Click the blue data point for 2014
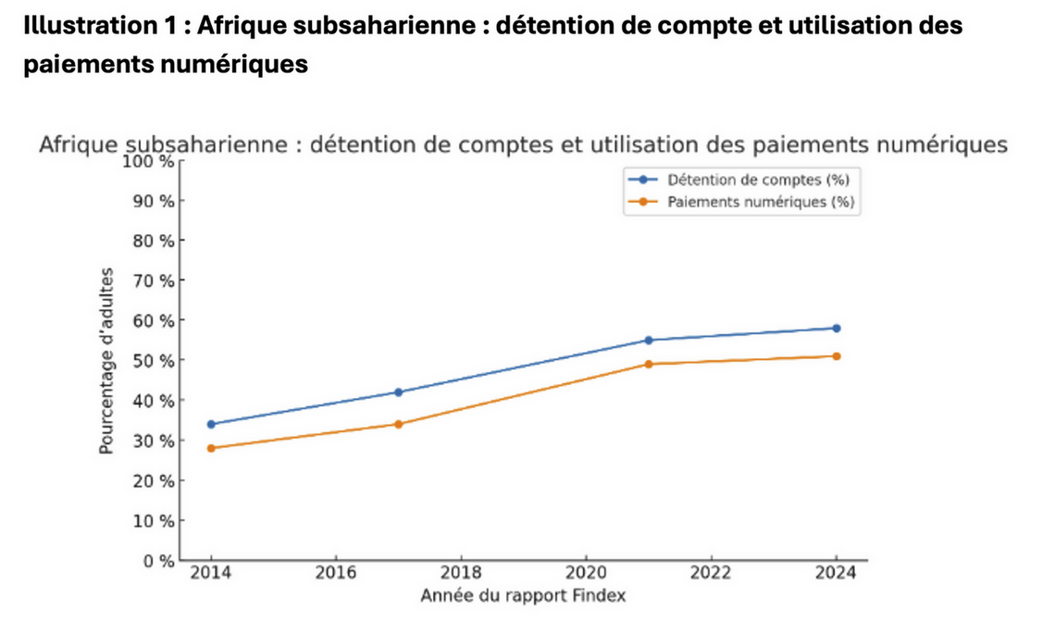click(x=211, y=424)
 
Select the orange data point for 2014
click(x=211, y=448)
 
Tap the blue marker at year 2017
click(x=399, y=392)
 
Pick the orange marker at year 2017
click(x=399, y=424)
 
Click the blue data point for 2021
click(x=649, y=340)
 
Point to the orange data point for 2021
click(x=649, y=364)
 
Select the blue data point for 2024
click(x=837, y=328)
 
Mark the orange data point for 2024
click(x=837, y=356)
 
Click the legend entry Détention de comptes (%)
click(x=758, y=180)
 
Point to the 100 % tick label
click(x=148, y=162)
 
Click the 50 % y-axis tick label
click(x=152, y=360)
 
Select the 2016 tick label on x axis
click(x=336, y=574)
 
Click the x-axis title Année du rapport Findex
click(x=523, y=595)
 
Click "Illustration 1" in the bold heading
click(x=81, y=26)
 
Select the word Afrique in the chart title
click(x=79, y=146)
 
